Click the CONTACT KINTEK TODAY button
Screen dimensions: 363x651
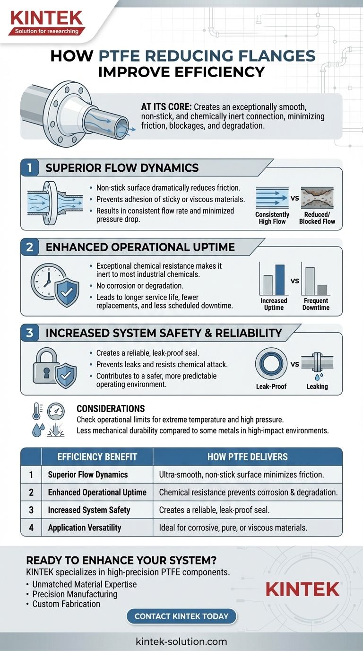pos(181,616)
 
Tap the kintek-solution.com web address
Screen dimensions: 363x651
pos(181,642)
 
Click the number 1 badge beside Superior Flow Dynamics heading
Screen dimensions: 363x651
pos(30,167)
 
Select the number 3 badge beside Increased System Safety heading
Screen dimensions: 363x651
pos(30,333)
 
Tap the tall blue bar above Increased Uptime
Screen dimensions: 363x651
pos(280,280)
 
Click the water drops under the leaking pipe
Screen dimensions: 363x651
pos(319,377)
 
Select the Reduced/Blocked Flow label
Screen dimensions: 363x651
pos(317,218)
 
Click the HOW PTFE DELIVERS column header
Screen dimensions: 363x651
pos(247,457)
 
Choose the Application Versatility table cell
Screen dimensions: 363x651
pos(85,528)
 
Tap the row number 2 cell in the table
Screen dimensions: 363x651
pos(31,493)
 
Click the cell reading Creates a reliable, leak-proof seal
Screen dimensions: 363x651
pos(214,510)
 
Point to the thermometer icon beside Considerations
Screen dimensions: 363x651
pos(36,411)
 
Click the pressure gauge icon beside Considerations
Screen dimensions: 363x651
pos(56,411)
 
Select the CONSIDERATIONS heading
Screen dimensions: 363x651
pos(111,409)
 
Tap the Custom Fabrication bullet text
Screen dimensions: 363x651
pos(66,604)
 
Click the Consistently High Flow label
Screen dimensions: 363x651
pos(272,218)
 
